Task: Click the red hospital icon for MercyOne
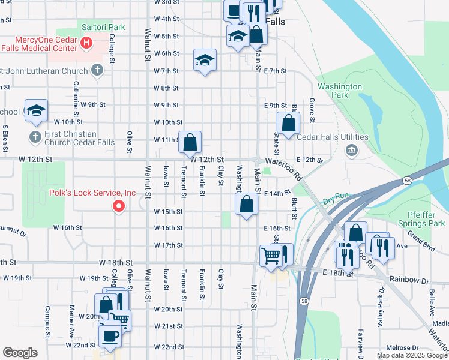(86, 43)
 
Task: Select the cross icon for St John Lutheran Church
(97, 71)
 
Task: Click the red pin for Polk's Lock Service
(119, 206)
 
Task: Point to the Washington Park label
(340, 91)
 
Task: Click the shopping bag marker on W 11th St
(190, 143)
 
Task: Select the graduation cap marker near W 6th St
(205, 60)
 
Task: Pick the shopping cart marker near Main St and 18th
(271, 255)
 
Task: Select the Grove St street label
(312, 108)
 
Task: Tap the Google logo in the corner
(20, 353)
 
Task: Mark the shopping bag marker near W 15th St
(247, 204)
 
